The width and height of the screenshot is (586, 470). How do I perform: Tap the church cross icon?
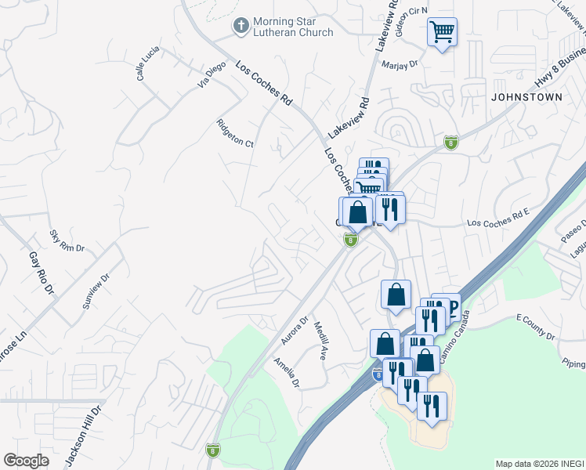[241, 27]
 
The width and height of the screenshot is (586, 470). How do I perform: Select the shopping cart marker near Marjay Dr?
[442, 32]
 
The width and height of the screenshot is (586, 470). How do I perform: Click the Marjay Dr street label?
[401, 65]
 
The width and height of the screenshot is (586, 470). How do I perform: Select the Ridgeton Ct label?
[235, 133]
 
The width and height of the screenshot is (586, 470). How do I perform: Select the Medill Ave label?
[319, 340]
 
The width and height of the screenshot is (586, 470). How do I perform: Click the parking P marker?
[452, 306]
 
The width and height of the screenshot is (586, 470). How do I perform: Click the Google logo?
[26, 461]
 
